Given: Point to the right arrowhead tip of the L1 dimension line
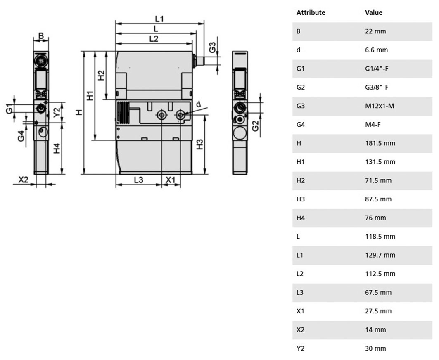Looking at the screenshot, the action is coord(204,24).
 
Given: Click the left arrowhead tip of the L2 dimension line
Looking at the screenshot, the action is coord(116,43).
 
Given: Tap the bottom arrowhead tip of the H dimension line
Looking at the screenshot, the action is coord(84,174).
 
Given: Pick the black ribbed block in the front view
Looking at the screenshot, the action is coord(123,113).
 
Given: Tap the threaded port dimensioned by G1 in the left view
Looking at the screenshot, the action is coord(41,108).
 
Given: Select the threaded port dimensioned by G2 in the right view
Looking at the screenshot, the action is coord(240,107).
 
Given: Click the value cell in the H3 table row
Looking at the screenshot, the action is coord(378,199).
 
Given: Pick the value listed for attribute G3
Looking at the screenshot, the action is coord(380,106).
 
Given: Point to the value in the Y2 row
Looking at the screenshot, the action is coord(375,348).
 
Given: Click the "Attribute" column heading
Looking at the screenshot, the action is coord(311,13).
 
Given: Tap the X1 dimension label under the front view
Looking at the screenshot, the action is coord(170,180).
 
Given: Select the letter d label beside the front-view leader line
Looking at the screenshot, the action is coord(199,104).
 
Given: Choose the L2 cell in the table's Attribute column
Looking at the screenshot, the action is coord(300,274).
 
